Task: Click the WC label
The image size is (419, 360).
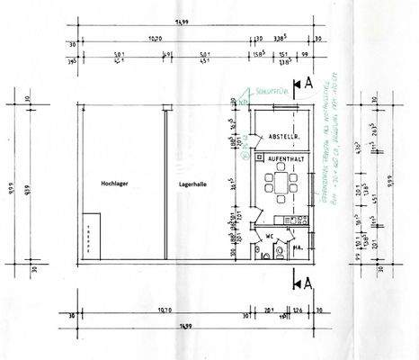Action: tap(268, 238)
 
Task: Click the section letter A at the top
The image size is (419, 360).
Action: tap(309, 83)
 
